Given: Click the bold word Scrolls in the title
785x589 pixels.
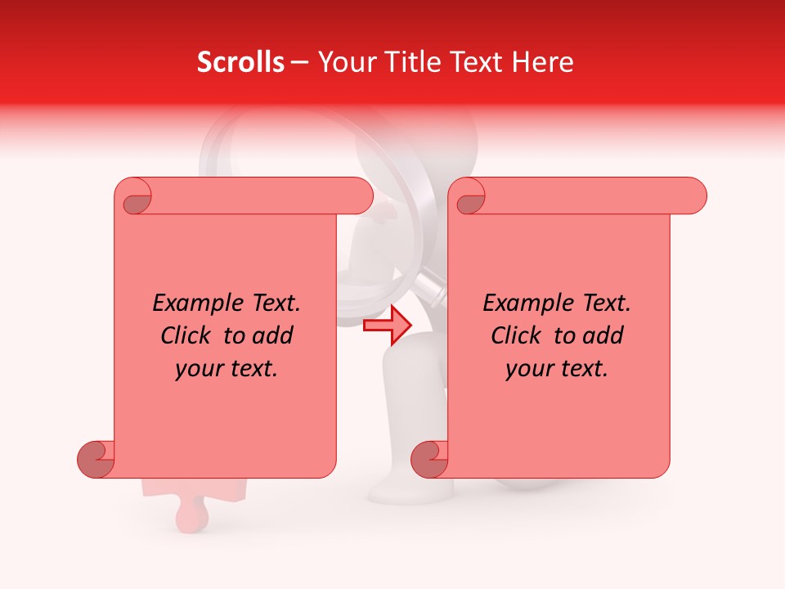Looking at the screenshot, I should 240,62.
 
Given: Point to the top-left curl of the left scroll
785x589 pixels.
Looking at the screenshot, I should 134,197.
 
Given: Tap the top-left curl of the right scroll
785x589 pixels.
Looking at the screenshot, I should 469,197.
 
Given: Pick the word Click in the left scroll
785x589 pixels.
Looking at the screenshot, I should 186,335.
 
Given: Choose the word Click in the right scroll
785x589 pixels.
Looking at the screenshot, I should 517,335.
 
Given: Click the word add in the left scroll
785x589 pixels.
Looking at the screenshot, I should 272,335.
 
